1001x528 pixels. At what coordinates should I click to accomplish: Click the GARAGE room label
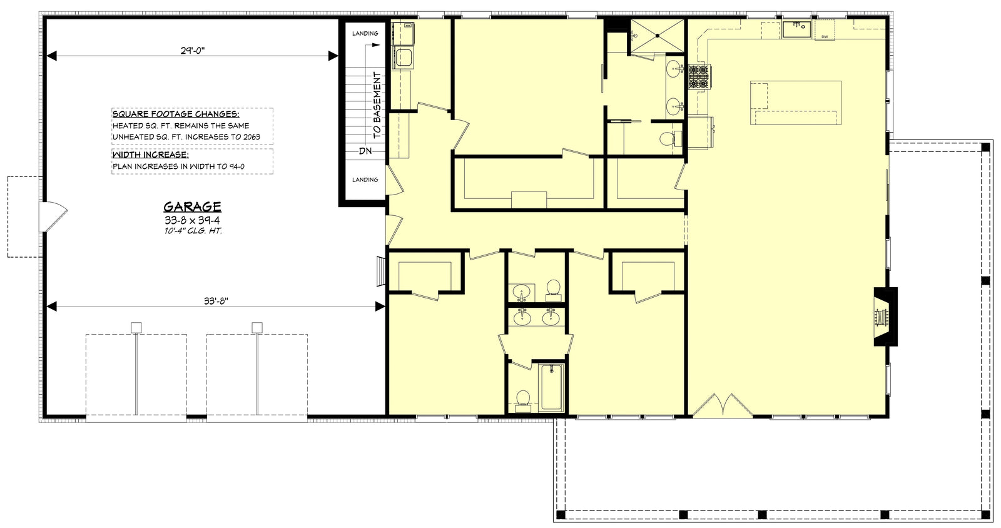[192, 206]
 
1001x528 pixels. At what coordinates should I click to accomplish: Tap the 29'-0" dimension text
[193, 50]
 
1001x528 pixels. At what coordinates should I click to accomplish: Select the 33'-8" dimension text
[216, 300]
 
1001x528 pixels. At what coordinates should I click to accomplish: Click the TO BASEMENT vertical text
[377, 104]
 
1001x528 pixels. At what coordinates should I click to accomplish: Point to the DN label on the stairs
[365, 151]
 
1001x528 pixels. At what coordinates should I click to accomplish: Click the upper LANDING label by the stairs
[365, 33]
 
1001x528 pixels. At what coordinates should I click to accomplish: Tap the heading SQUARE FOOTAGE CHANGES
[175, 114]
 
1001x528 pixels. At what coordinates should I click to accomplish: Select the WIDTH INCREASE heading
[150, 155]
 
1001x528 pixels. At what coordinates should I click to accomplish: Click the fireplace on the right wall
[884, 317]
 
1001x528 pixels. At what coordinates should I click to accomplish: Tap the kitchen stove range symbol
[698, 76]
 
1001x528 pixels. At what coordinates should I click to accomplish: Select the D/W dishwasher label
[824, 37]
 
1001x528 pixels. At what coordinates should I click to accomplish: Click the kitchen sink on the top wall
[796, 28]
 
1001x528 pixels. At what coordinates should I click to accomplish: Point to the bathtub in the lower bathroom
[551, 387]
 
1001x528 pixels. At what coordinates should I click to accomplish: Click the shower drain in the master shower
[658, 36]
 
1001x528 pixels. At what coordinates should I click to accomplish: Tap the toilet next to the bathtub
[522, 400]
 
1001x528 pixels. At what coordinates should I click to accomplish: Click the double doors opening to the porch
[723, 405]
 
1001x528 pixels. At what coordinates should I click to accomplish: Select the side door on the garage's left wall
[54, 217]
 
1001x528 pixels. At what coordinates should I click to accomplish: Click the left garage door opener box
[136, 327]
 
